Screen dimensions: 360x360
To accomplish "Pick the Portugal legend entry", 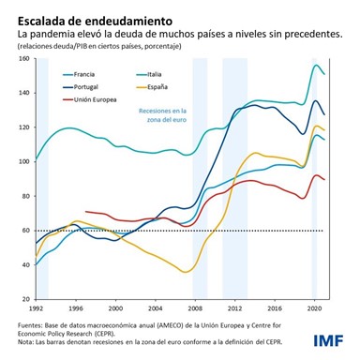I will coord(84,85).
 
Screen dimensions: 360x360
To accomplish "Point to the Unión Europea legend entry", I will coord(92,97).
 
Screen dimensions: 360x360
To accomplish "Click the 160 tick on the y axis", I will coord(22,58).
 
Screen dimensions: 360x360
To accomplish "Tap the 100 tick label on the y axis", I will coord(22,161).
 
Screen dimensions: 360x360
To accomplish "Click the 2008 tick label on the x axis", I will coord(193,307).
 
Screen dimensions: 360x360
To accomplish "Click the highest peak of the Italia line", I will coord(316,65).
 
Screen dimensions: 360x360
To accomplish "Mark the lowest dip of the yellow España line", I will coord(186,272).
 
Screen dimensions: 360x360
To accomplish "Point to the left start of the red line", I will coord(85,212).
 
